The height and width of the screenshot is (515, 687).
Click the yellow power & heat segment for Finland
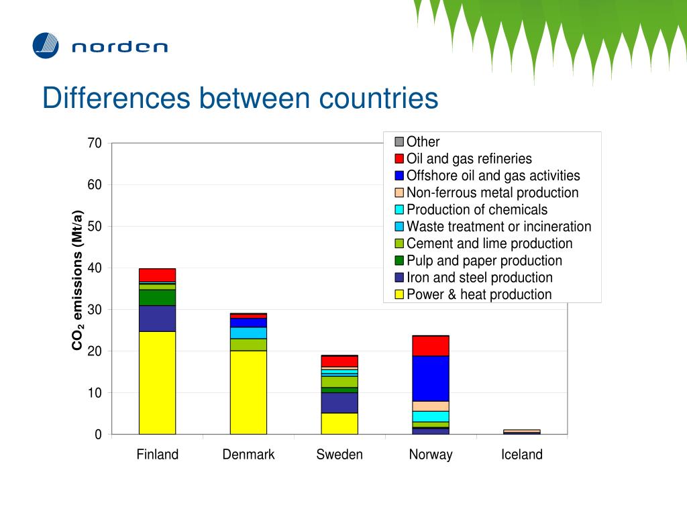(x=157, y=382)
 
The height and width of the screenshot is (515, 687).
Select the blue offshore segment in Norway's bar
(x=431, y=378)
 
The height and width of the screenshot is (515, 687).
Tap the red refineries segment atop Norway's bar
(x=431, y=345)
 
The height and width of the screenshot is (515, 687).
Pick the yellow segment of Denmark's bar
(x=248, y=392)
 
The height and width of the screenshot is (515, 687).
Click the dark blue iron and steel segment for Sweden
(x=339, y=402)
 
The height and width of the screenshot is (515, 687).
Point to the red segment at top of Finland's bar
(x=157, y=275)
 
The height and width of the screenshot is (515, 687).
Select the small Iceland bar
(x=522, y=432)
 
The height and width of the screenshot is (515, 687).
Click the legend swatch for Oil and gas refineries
(x=399, y=159)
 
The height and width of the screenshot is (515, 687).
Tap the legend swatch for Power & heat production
(x=399, y=294)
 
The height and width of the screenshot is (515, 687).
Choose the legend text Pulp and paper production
(x=484, y=261)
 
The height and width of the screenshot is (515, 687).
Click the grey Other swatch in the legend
(x=399, y=142)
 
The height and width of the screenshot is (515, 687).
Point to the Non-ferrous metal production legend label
(x=492, y=193)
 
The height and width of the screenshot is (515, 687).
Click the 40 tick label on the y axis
(x=94, y=268)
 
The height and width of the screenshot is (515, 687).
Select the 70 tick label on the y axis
(x=94, y=144)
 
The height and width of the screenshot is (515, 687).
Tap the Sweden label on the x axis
(x=339, y=455)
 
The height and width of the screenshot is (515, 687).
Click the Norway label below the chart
(x=431, y=455)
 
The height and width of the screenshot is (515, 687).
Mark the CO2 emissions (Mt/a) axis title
(x=78, y=280)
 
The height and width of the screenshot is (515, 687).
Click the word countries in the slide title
(x=378, y=98)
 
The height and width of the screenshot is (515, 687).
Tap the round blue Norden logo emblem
(x=46, y=46)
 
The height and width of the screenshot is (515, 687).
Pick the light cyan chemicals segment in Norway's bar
(x=431, y=416)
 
